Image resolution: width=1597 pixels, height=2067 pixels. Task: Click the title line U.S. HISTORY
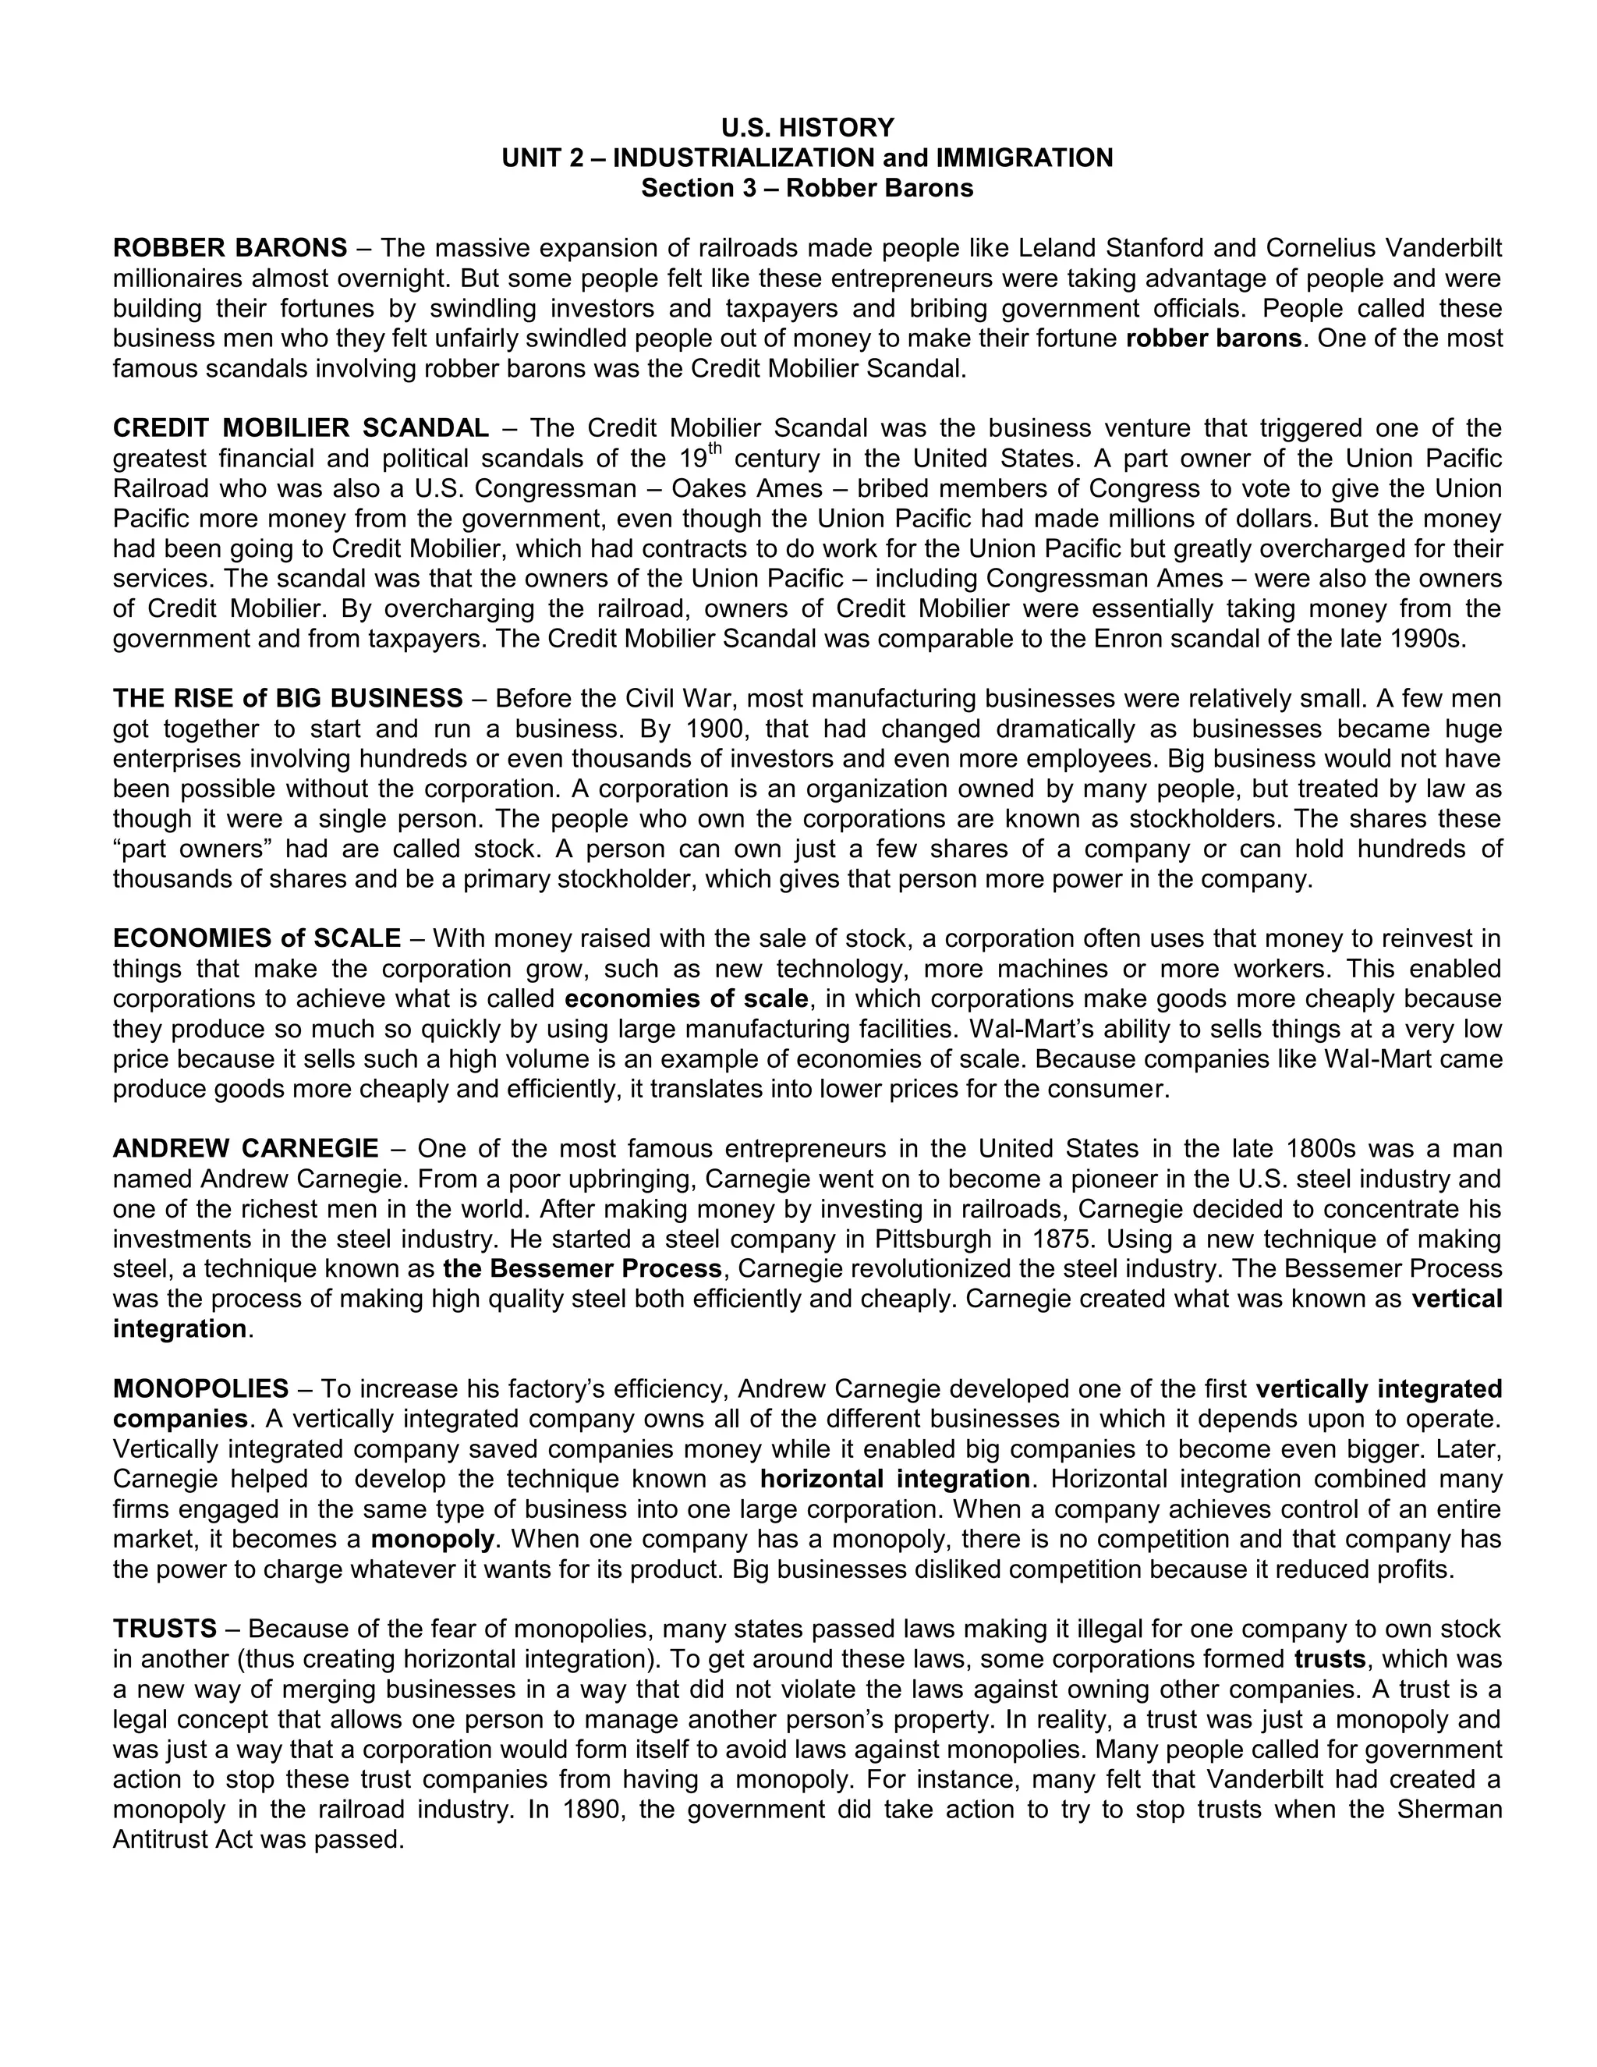click(807, 127)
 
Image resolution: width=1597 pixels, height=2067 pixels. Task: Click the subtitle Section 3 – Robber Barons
click(807, 187)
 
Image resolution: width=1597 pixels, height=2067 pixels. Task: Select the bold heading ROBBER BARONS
click(230, 248)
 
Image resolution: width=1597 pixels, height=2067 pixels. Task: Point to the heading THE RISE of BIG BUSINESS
click(288, 698)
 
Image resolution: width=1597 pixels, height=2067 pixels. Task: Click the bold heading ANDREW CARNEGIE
click(245, 1148)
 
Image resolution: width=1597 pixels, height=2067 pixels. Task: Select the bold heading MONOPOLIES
click(200, 1388)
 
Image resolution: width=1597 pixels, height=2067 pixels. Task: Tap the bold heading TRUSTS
click(165, 1629)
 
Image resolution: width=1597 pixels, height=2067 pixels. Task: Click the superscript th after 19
click(715, 448)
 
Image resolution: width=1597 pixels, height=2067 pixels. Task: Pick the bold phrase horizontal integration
click(895, 1478)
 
